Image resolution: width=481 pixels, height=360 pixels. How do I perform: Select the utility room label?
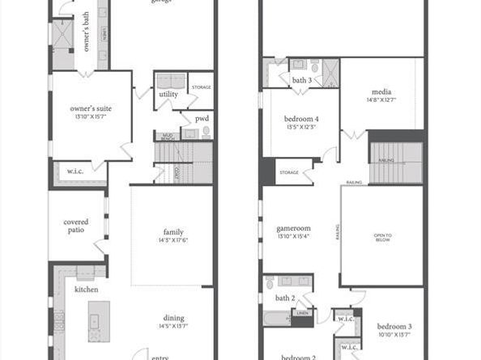[x=168, y=95]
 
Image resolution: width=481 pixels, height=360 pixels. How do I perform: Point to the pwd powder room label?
[x=202, y=118]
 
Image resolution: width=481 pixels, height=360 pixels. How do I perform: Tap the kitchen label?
[x=87, y=289]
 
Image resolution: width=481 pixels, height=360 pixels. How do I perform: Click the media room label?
[x=382, y=92]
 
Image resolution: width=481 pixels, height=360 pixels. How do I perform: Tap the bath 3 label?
[x=302, y=80]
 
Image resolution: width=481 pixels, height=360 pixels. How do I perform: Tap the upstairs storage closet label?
[x=289, y=172]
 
